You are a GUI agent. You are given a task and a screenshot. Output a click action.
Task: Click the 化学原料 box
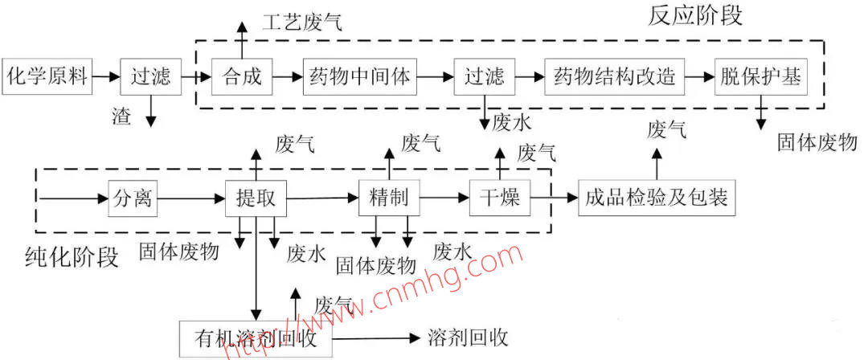(46, 77)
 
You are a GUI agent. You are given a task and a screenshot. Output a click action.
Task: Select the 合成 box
(242, 77)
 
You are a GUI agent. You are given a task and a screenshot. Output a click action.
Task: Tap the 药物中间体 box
(359, 77)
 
